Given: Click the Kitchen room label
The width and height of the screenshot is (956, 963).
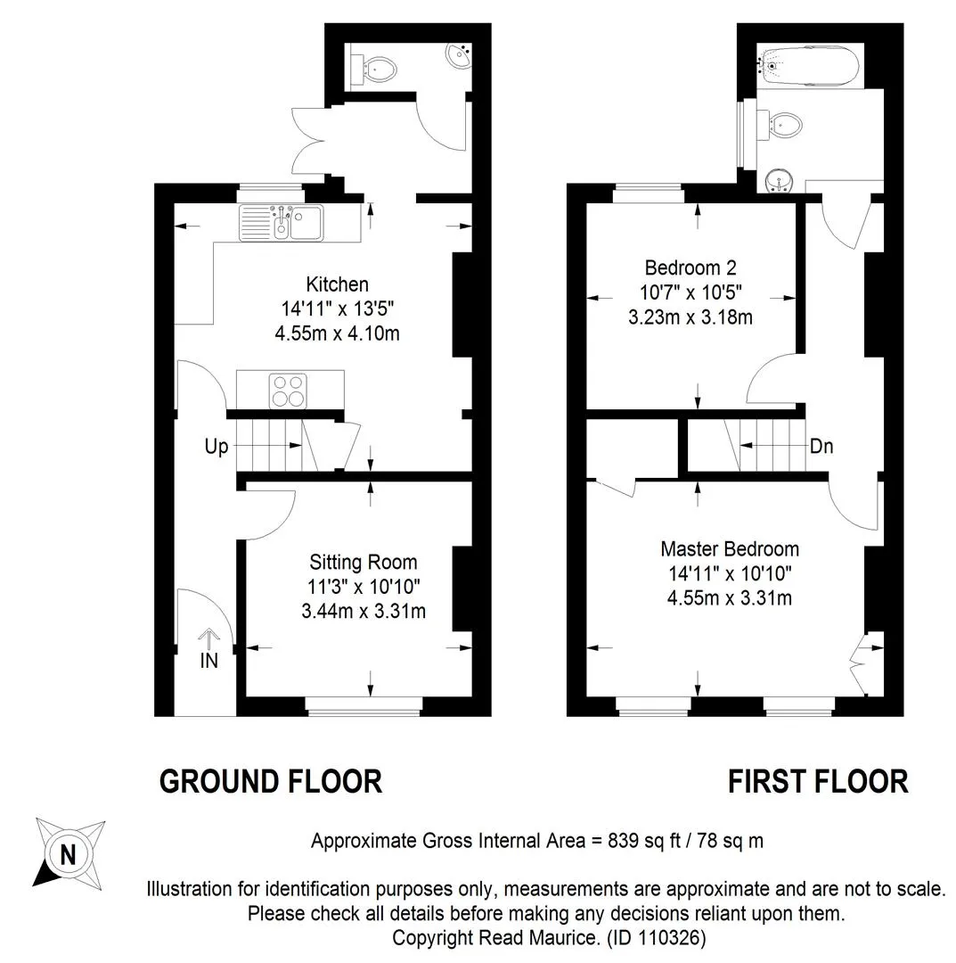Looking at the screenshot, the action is coord(337,284).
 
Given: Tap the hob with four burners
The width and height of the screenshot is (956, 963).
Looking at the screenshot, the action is coord(288,391).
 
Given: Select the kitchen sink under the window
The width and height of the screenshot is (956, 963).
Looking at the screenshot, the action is coord(281,222).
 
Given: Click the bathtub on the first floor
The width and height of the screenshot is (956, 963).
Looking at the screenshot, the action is coord(809,65).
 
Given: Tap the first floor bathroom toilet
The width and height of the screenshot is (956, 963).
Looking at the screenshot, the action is coord(780,126).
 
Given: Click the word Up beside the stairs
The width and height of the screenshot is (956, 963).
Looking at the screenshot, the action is coord(216,447).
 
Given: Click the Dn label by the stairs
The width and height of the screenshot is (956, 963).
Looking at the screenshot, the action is coord(821,446).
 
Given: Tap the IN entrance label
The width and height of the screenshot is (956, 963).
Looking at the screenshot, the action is coord(209,660).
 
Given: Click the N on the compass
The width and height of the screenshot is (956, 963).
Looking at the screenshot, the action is coord(68,855).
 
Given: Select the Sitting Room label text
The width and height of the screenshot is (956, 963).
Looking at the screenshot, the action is coord(364,562).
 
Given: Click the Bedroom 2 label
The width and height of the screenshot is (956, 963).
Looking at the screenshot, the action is coord(690,267).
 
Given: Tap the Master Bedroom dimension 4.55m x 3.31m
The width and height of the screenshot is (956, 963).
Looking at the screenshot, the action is coord(730,597).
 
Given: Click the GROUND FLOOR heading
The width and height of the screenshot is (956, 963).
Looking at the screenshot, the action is coord(271,782).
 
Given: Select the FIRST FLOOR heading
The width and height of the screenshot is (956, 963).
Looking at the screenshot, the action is coord(818,782).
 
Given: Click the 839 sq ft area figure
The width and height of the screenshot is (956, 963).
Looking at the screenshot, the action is coord(644,840).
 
